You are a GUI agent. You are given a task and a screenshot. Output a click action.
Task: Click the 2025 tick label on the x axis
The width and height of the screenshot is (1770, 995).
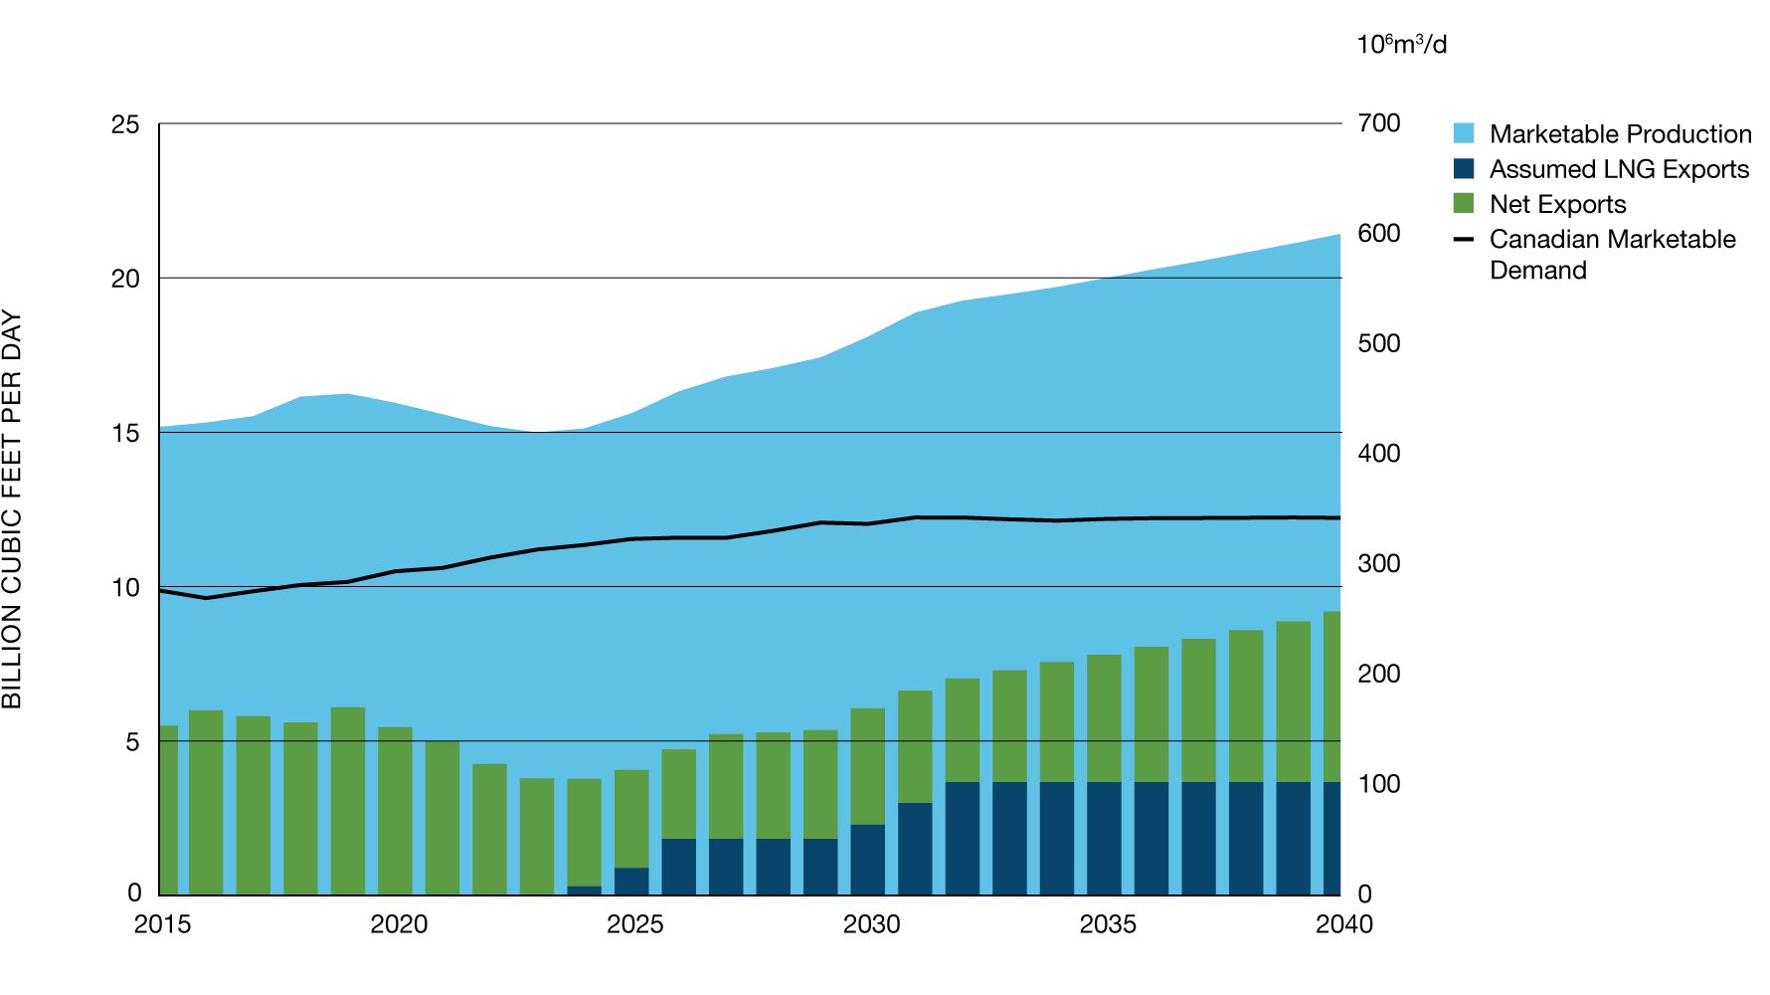point(634,924)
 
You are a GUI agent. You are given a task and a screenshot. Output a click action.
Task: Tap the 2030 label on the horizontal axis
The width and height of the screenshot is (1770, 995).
point(871,924)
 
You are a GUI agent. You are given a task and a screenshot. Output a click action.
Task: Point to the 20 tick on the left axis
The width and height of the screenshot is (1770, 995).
point(125,279)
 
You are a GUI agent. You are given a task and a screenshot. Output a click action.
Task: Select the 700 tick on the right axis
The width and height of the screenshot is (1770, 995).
point(1378,123)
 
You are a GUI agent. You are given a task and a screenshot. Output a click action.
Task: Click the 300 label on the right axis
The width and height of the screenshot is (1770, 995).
point(1378,563)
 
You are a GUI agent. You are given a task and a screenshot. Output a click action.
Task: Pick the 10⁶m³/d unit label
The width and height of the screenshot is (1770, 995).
point(1401,45)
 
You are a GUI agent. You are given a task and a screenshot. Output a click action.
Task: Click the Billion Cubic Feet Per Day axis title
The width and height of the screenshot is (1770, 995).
point(12,509)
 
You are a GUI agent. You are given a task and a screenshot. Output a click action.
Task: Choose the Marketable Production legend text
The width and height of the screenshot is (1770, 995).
point(1620,134)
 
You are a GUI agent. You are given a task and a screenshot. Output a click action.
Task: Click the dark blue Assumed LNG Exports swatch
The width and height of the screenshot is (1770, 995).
point(1464,169)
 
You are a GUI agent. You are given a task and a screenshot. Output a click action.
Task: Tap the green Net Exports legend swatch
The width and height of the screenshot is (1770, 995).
point(1464,204)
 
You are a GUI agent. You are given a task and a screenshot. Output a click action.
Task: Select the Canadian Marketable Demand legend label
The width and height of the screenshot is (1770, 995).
point(1612,255)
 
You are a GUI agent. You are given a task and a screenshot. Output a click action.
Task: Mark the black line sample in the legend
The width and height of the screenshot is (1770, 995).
point(1464,240)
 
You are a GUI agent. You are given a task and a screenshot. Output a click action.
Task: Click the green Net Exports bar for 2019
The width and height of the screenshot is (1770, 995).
point(348,801)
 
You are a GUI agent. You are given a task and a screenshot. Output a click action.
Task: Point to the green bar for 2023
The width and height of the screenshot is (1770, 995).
point(537,836)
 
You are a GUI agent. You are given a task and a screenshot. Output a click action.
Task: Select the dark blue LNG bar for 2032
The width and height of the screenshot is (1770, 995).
point(963,838)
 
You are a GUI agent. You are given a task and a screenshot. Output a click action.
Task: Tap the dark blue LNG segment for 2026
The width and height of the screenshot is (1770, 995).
point(679,867)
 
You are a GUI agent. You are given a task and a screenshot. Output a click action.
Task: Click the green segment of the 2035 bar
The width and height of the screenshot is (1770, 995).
point(1105,718)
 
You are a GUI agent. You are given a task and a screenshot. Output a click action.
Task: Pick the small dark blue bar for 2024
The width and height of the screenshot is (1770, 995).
point(585,891)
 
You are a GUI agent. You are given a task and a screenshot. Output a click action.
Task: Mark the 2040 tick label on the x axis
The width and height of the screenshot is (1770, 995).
point(1343,924)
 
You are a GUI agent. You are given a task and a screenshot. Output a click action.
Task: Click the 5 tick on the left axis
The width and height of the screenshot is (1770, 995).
point(132,742)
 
